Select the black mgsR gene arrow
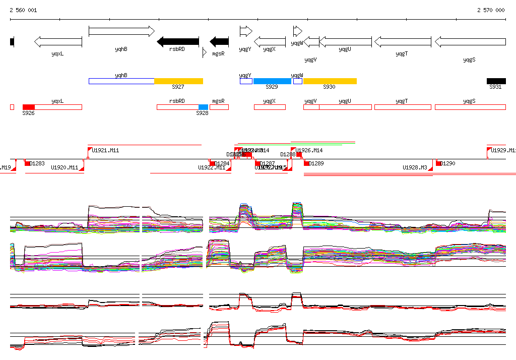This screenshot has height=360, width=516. pos(219,41)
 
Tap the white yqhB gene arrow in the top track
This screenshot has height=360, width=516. pos(121,31)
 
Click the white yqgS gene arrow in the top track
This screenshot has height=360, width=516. pos(470,41)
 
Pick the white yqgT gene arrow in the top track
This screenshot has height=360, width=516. pos(403,41)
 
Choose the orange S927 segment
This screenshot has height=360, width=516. pos(178,81)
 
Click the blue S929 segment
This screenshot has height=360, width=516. pos(272,81)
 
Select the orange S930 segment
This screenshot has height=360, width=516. pos(330,81)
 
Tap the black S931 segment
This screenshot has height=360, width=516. pos(496,81)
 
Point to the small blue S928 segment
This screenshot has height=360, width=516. pos(203,107)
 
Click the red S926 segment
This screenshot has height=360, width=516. pos(29,107)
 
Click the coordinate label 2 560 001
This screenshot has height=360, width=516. pos(23,10)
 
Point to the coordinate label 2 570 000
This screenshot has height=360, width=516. pos(491,10)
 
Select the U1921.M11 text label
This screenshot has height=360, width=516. pos(105,150)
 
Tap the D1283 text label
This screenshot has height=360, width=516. pos(37,163)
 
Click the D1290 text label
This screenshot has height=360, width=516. pos(448,163)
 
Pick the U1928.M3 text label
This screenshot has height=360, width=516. pos(415,167)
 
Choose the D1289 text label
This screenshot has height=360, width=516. pos(316,163)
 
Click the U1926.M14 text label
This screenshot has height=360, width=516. pos(309,150)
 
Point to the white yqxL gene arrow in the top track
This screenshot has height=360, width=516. pos(58,41)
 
